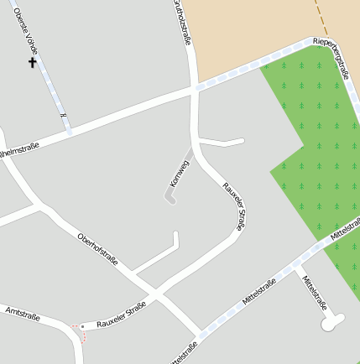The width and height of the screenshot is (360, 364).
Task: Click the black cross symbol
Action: pyautogui.click(x=33, y=62)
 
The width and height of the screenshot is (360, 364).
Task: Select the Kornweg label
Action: pyautogui.click(x=178, y=171)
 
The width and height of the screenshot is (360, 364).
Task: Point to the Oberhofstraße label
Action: pyautogui.click(x=97, y=250)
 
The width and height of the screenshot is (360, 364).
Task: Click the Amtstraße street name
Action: pyautogui.click(x=22, y=315)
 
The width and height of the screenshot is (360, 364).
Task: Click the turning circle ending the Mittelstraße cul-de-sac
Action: pyautogui.click(x=332, y=321)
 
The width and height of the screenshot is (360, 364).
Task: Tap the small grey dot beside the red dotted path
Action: pyautogui.click(x=81, y=325)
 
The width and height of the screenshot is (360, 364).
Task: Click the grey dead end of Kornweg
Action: pyautogui.click(x=170, y=199)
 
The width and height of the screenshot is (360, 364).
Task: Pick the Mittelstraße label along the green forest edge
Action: pyautogui.click(x=344, y=231)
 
